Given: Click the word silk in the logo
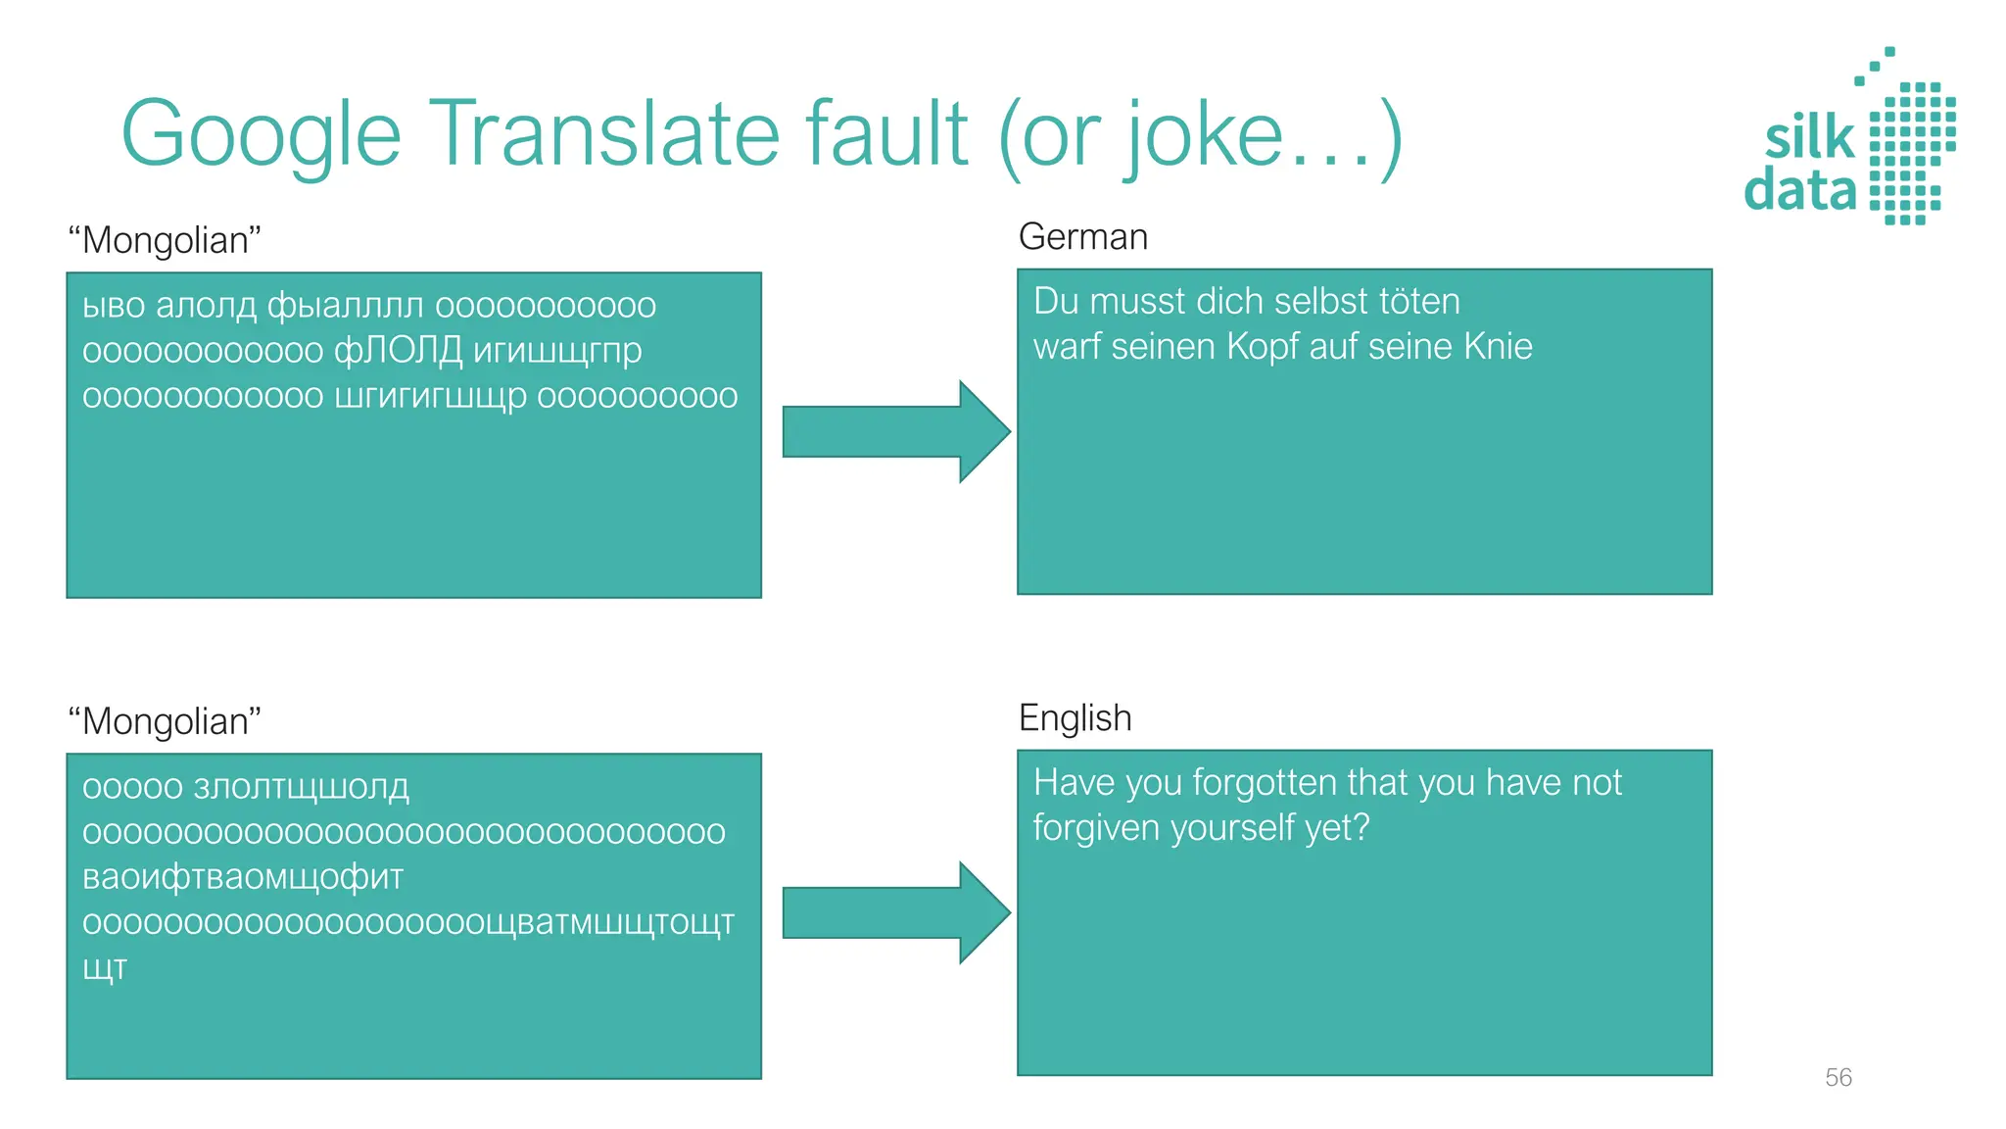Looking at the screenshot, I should pyautogui.click(x=1809, y=138).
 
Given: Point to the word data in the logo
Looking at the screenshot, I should pyautogui.click(x=1799, y=190).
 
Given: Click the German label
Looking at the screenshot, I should pyautogui.click(x=1082, y=237).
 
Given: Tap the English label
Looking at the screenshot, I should pyautogui.click(x=1075, y=718).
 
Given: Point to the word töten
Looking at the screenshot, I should pyautogui.click(x=1418, y=301).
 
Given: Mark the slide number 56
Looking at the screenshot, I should pyautogui.click(x=1838, y=1077).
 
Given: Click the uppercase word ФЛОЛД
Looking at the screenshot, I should pyautogui.click(x=398, y=351).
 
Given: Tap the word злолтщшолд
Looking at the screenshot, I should pyautogui.click(x=302, y=787).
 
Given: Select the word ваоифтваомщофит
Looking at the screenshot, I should pyautogui.click(x=243, y=877).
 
